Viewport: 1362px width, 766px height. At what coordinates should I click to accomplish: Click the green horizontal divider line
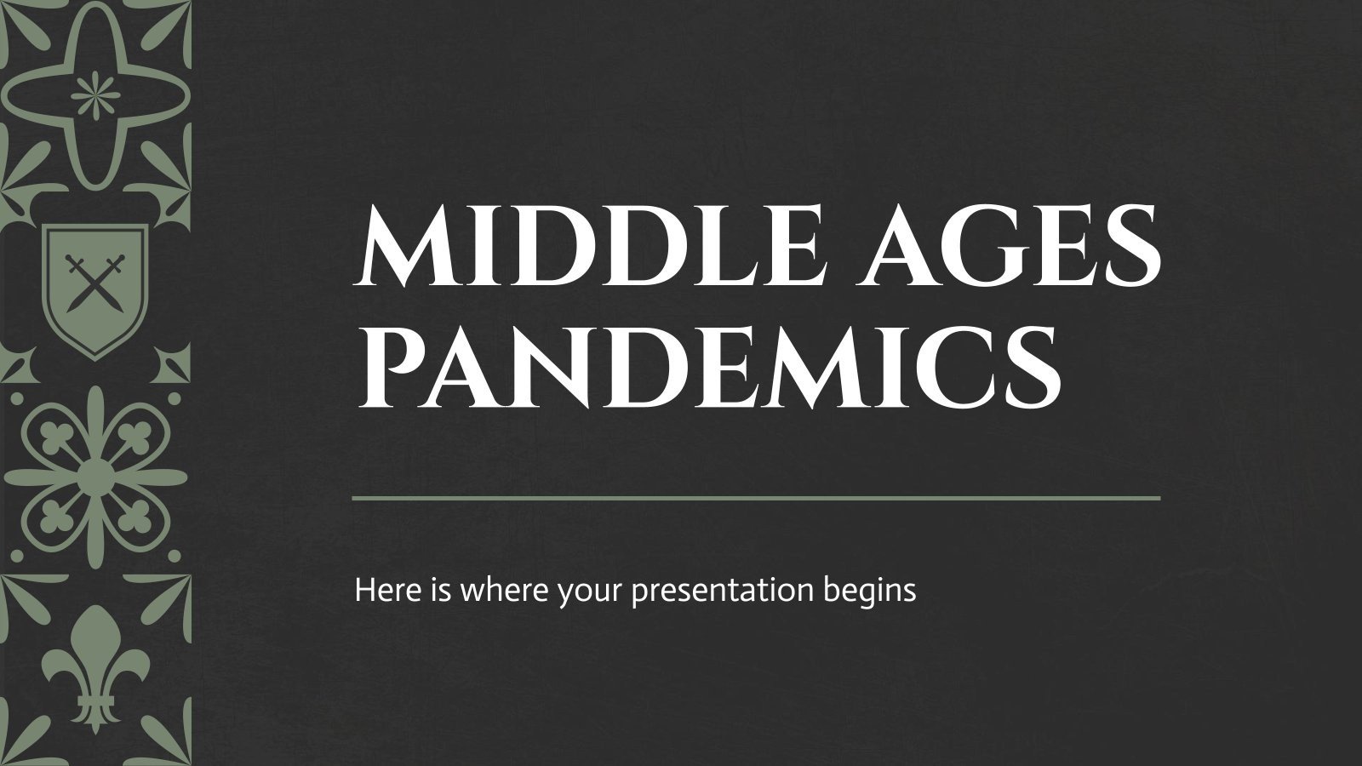tap(756, 497)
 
